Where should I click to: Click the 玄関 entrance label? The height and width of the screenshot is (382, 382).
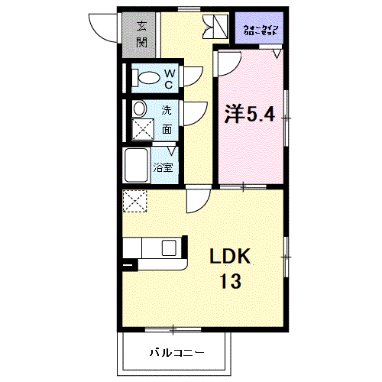(x=142, y=34)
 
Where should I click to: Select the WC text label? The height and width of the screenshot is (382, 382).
(x=170, y=77)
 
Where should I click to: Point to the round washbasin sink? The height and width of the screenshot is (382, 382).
(x=140, y=108)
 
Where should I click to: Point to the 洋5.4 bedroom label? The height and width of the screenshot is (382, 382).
(x=248, y=115)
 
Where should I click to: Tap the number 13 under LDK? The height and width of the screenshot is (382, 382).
(x=230, y=281)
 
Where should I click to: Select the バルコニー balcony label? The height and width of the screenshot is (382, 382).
(x=176, y=353)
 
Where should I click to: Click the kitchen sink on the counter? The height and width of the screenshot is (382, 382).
(x=168, y=248)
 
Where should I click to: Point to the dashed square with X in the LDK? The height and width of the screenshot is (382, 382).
(x=134, y=202)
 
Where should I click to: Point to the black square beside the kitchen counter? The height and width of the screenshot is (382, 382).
(x=128, y=267)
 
